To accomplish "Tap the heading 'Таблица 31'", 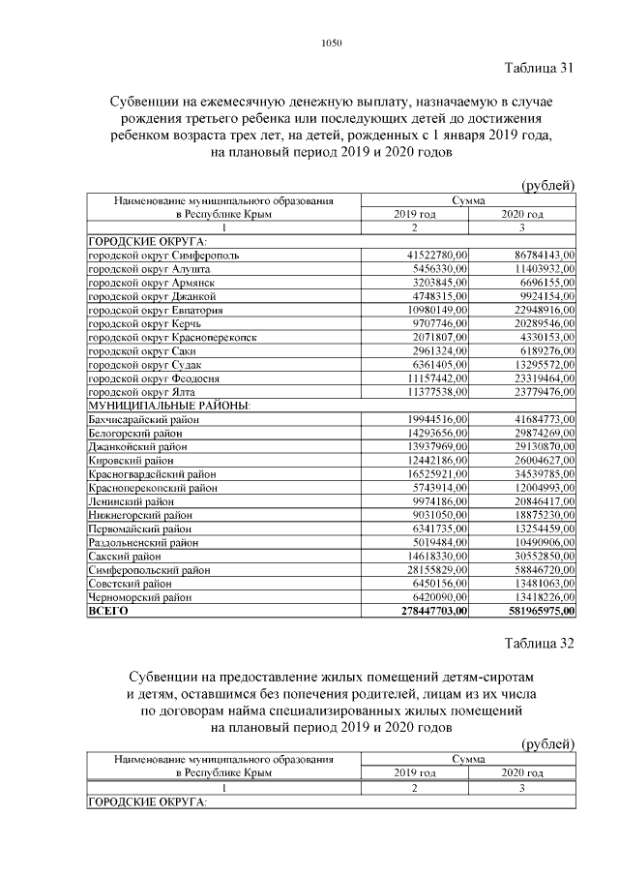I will (x=540, y=67).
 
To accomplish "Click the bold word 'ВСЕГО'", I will (x=107, y=612).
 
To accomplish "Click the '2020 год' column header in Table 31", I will (x=522, y=213).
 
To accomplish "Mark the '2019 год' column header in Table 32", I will (x=414, y=773).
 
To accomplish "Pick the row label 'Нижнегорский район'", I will (x=139, y=516).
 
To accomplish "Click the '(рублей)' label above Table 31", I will (x=548, y=185).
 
